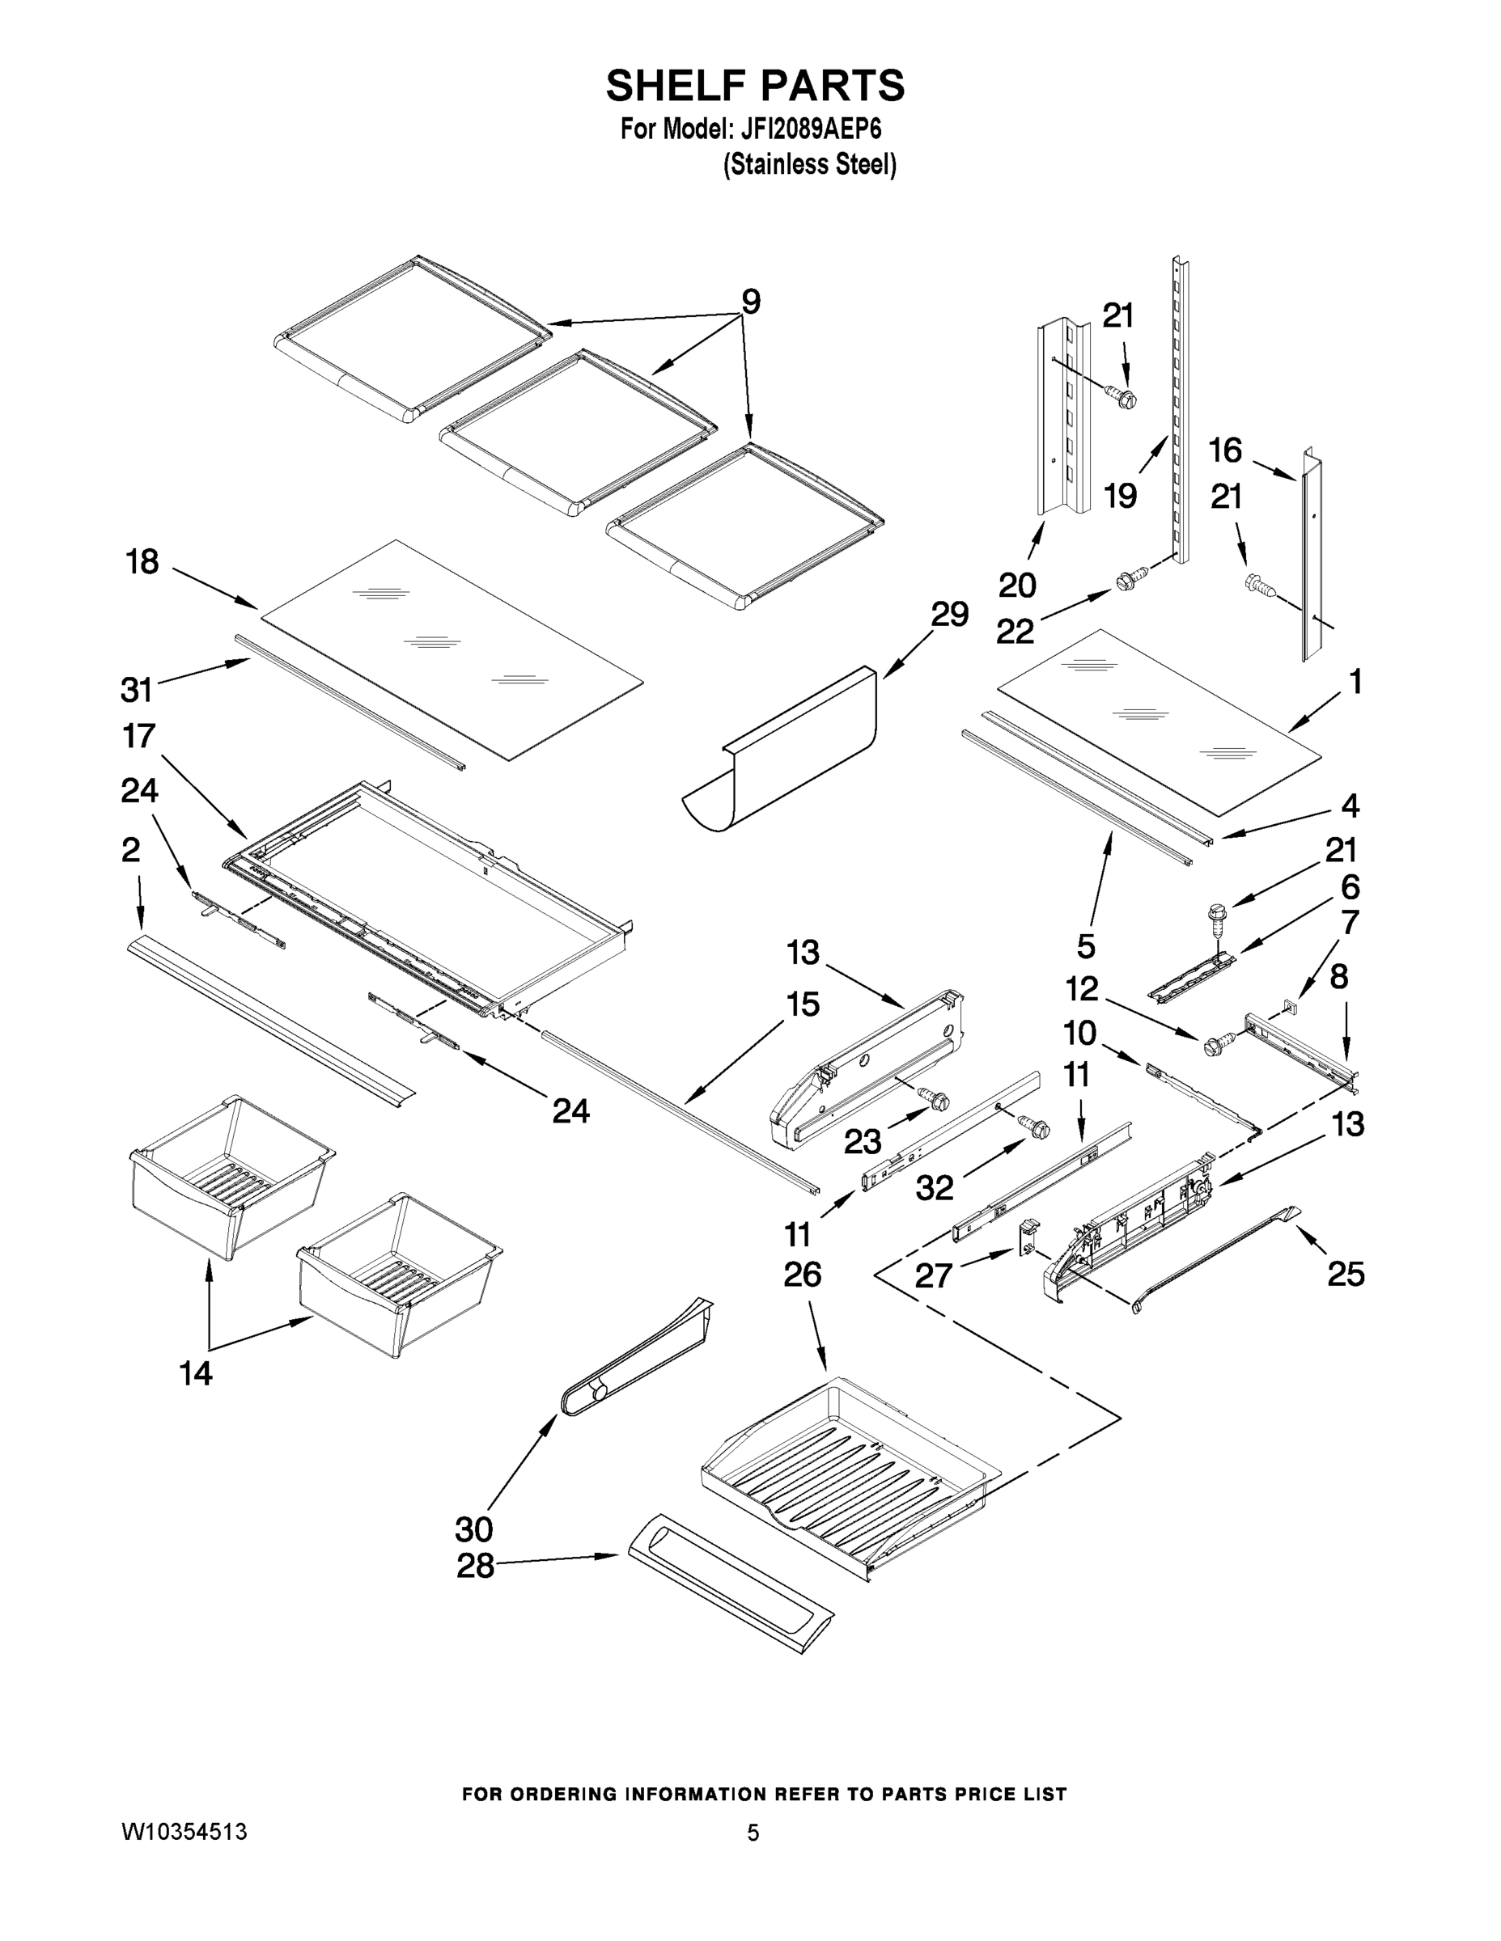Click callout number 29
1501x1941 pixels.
point(950,614)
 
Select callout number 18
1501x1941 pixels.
point(142,562)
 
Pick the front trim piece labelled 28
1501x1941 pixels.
point(730,1596)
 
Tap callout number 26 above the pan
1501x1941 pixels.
point(802,1275)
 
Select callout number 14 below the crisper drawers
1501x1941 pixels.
point(196,1373)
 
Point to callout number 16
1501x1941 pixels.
point(1224,450)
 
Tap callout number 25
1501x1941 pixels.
point(1346,1275)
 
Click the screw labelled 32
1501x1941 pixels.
point(1036,1127)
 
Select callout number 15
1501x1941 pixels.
point(802,1004)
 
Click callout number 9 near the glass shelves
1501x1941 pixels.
point(751,302)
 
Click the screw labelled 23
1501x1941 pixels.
point(935,1098)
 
